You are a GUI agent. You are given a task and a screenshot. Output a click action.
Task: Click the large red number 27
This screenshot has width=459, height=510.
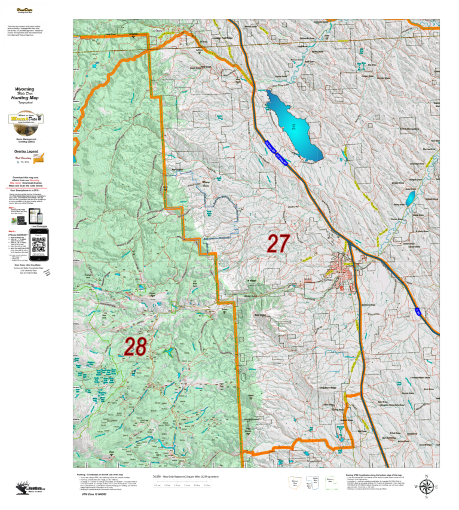click(x=279, y=243)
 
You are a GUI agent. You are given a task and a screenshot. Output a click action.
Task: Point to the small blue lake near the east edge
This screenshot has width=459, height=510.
click(x=411, y=199)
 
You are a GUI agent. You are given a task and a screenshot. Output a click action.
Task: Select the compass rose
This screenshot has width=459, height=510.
click(x=426, y=487)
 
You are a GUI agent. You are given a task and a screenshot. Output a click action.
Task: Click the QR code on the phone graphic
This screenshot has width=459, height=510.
click(x=38, y=248)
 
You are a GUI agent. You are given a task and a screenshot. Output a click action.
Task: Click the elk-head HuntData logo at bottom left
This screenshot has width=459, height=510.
click(x=20, y=487)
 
